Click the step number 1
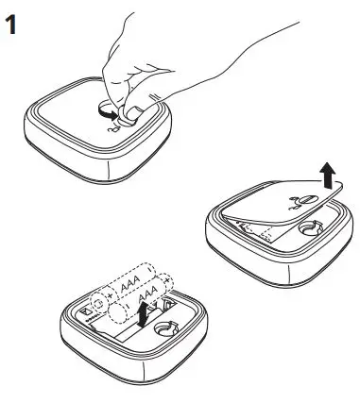(11, 25)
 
